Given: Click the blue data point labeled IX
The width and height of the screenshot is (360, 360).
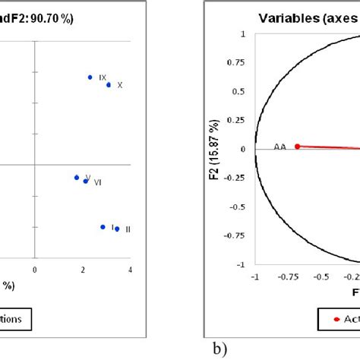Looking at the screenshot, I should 90,77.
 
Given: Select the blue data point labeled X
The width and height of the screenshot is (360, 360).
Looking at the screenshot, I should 109,84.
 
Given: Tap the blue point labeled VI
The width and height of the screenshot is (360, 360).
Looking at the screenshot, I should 86,181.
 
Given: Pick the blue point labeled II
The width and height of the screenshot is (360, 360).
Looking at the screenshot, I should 117,229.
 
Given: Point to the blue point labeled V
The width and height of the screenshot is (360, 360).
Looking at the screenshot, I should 76,178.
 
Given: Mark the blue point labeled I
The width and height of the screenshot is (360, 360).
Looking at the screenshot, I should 103,226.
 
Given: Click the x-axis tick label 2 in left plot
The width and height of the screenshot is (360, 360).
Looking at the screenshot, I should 82,270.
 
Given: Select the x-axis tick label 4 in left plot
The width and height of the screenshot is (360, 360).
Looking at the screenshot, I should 130,270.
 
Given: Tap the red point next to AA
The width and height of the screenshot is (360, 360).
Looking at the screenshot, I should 297,147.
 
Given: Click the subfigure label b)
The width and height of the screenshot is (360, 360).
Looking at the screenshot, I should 220,349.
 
